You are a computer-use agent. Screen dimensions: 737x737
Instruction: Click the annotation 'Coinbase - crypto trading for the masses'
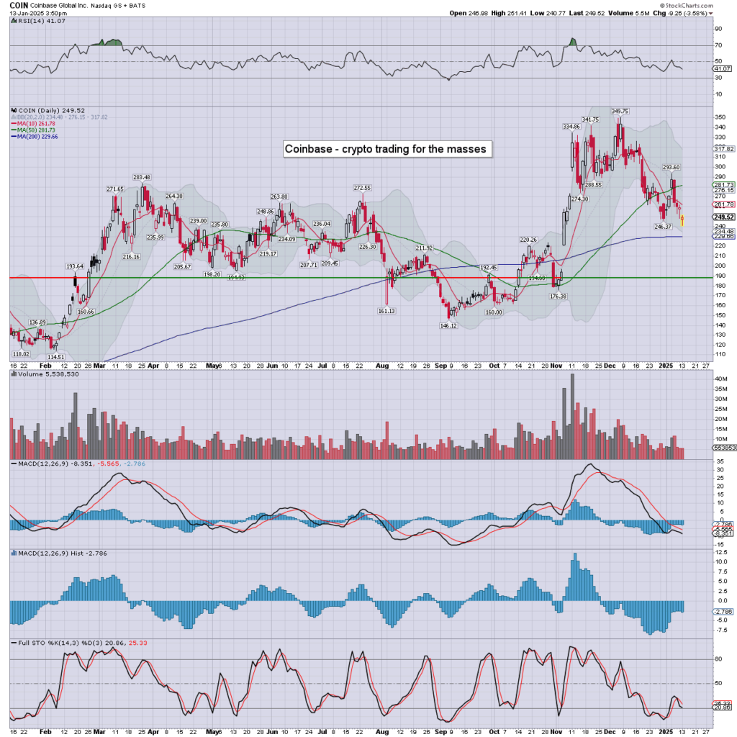386,149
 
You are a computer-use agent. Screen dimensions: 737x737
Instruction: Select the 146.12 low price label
448,325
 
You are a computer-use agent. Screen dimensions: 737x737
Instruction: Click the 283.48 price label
141,177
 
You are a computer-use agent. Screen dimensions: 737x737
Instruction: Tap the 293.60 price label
671,167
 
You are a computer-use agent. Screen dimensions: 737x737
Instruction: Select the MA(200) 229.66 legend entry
39,136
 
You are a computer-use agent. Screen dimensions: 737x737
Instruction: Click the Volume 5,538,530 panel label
39,374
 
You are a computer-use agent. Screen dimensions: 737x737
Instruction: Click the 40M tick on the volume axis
718,378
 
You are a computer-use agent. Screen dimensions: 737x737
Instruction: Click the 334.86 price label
571,127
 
